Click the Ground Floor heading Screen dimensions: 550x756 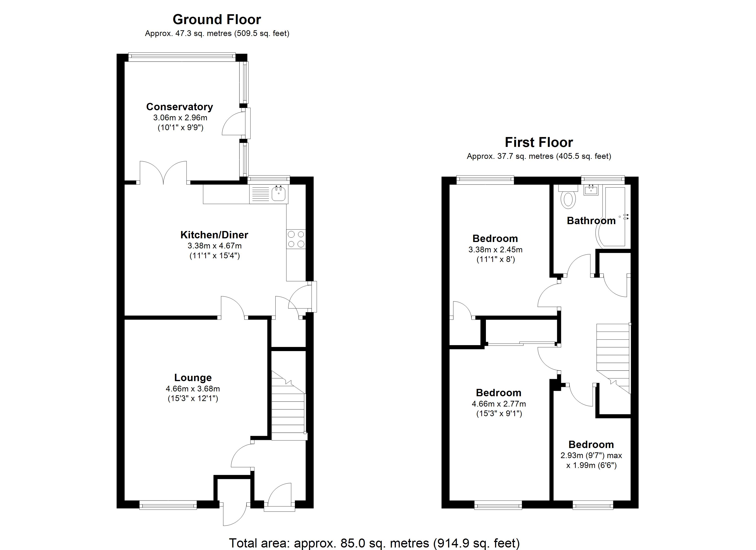pos(217,20)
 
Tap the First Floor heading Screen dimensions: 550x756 pos(539,142)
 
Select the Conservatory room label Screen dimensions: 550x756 pos(179,107)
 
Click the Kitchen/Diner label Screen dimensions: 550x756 pos(214,235)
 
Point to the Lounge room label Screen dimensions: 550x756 pos(193,378)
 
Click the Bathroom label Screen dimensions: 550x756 pos(591,221)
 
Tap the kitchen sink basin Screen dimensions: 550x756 pos(278,194)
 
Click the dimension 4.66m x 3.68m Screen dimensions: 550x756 pos(193,389)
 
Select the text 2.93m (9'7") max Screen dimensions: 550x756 pos(591,455)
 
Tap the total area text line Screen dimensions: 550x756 pos(374,543)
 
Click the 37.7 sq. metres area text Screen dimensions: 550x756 pos(539,156)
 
